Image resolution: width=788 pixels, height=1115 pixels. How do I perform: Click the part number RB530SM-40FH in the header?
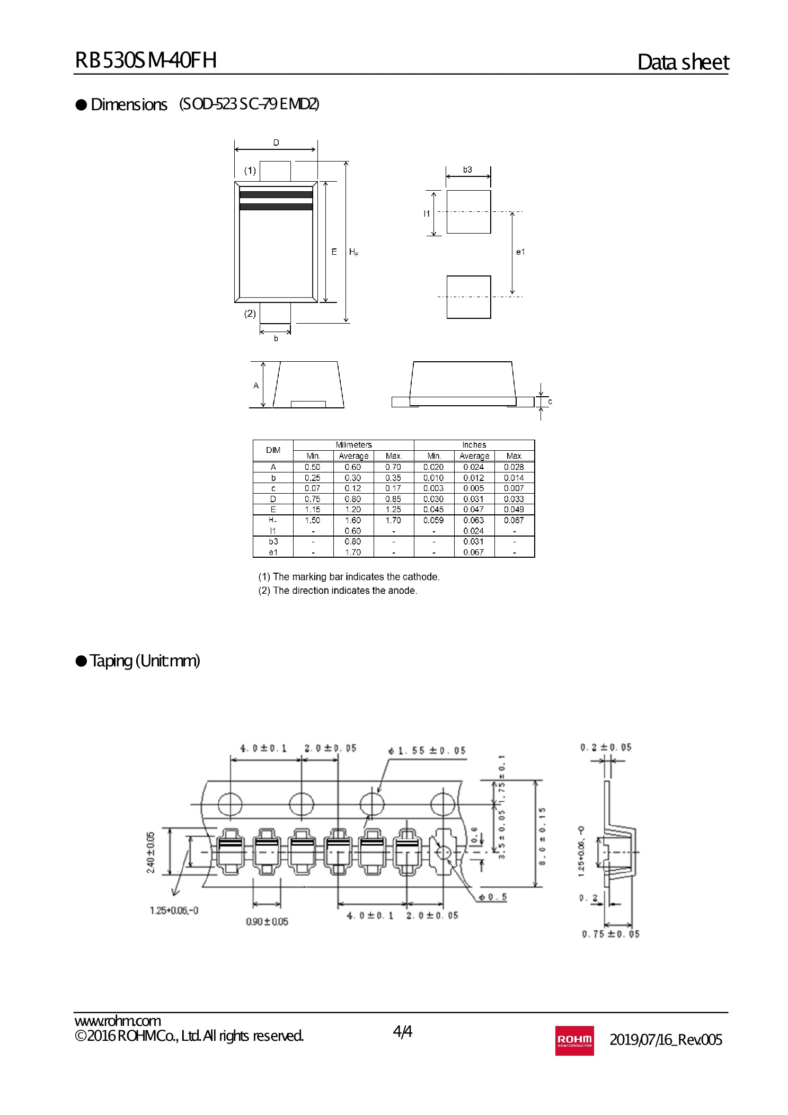pyautogui.click(x=146, y=60)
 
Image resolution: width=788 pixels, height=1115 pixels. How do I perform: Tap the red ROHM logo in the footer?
pyautogui.click(x=574, y=1040)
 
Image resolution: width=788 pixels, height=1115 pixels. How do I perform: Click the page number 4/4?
pyautogui.click(x=402, y=1031)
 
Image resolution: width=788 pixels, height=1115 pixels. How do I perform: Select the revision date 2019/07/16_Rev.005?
pyautogui.click(x=666, y=1040)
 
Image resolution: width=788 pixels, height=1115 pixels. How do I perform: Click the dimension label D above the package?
pyautogui.click(x=276, y=142)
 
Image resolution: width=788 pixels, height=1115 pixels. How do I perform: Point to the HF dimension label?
pyautogui.click(x=353, y=252)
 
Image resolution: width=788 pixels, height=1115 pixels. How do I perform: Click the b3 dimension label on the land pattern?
pyautogui.click(x=467, y=170)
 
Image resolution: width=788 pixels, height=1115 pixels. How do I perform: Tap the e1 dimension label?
pyautogui.click(x=520, y=252)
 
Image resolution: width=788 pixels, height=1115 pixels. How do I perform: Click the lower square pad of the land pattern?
pyautogui.click(x=468, y=297)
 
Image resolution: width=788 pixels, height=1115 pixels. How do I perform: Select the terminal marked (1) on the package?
pyautogui.click(x=275, y=171)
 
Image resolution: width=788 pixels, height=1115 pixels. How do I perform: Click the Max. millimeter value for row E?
pyautogui.click(x=393, y=510)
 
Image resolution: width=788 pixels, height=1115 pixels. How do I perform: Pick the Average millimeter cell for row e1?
pyautogui.click(x=353, y=552)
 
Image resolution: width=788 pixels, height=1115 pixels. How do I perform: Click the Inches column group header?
pyautogui.click(x=474, y=445)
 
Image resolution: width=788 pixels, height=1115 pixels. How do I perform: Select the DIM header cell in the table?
pyautogui.click(x=273, y=450)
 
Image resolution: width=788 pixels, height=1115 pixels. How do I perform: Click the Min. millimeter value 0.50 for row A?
pyautogui.click(x=313, y=467)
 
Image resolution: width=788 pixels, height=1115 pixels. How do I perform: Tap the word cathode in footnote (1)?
pyautogui.click(x=420, y=577)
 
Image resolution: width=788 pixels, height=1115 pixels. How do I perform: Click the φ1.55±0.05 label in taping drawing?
pyautogui.click(x=427, y=751)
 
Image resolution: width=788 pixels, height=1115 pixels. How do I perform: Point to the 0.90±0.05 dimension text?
pyautogui.click(x=267, y=922)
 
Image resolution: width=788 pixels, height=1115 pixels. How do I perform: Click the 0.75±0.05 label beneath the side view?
pyautogui.click(x=610, y=934)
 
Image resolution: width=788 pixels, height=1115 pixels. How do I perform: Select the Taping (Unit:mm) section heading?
pyautogui.click(x=145, y=661)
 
